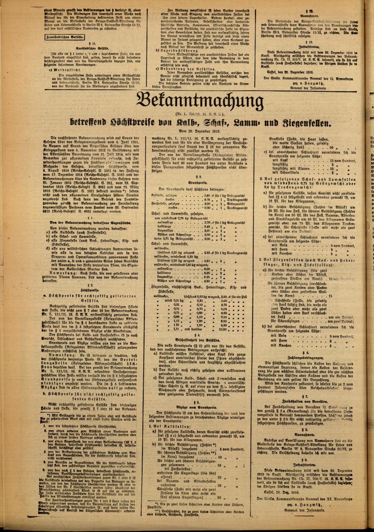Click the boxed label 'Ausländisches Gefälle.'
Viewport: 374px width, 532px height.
click(x=65, y=37)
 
